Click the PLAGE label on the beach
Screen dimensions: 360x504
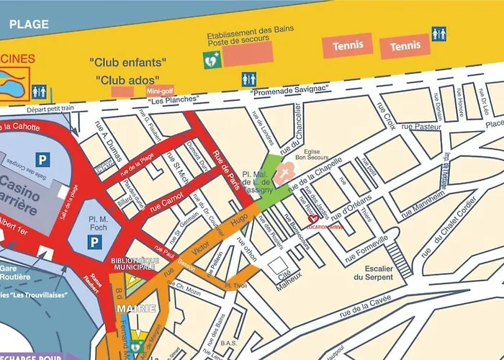[30, 24]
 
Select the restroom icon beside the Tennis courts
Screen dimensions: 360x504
[438, 34]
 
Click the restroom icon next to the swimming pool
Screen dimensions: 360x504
[40, 91]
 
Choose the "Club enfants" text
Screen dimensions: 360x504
[128, 62]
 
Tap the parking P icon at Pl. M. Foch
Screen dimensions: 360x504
[94, 243]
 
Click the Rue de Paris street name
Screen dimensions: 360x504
[228, 165]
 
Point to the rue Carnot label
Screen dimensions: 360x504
[166, 203]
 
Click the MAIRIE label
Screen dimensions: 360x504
[136, 309]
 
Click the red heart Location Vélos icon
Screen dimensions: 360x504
[313, 219]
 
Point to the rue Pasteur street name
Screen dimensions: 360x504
[422, 127]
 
